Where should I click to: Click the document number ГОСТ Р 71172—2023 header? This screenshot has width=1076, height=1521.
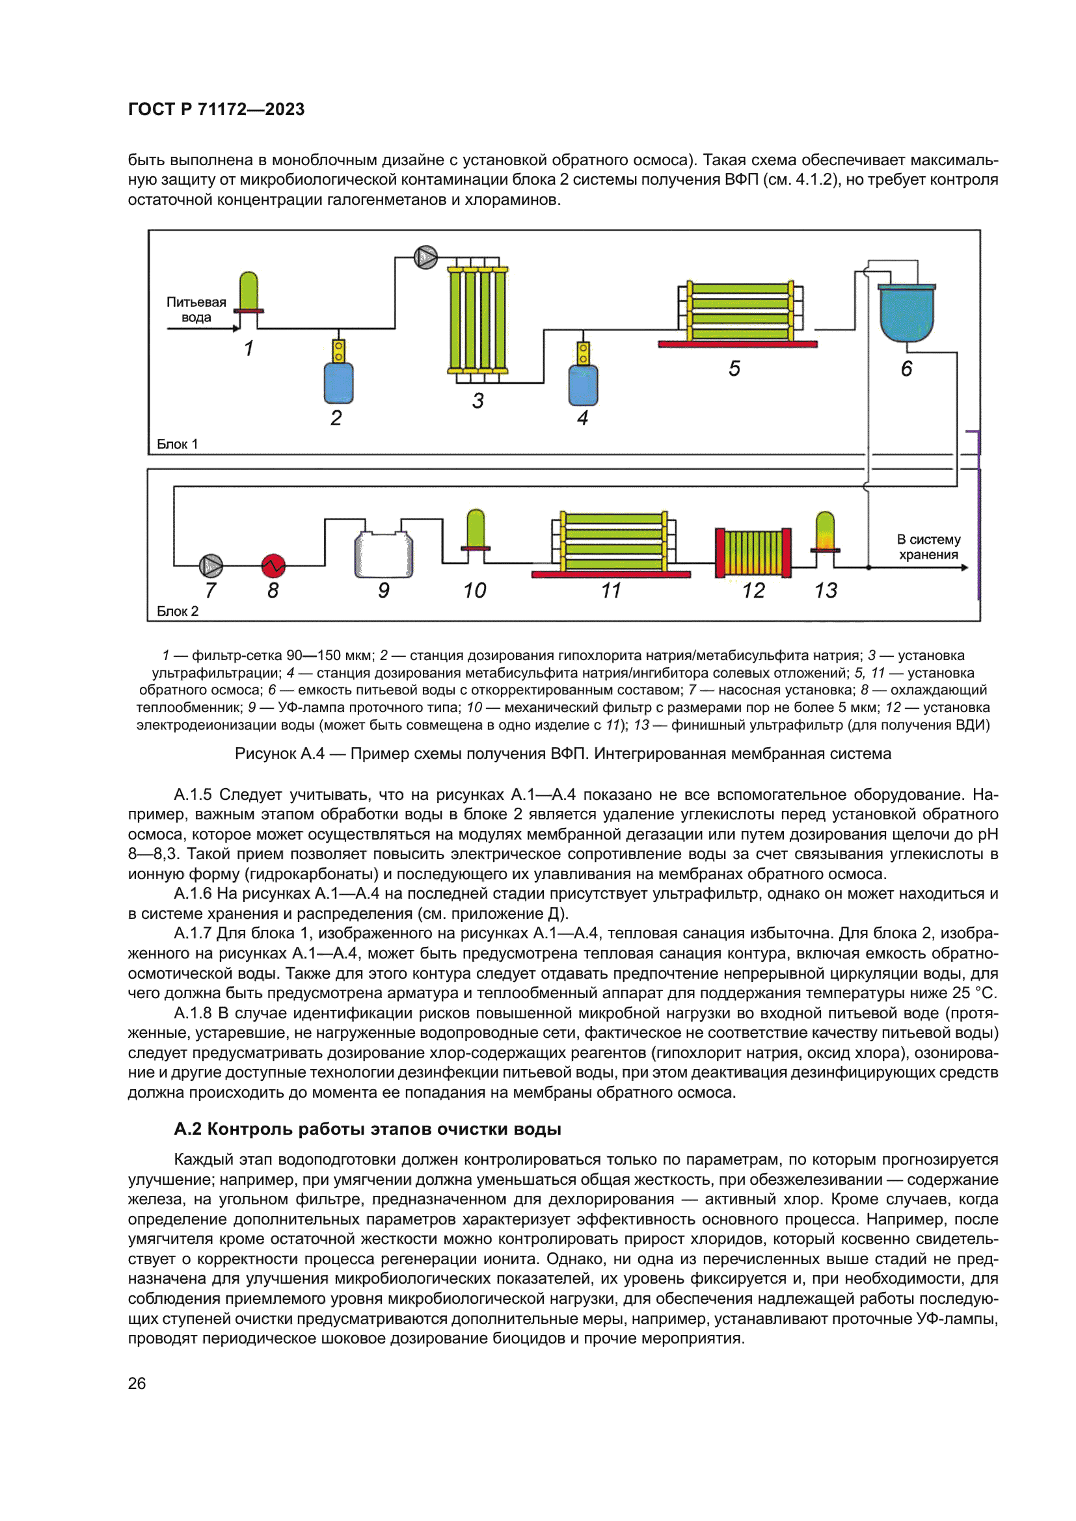[x=216, y=109]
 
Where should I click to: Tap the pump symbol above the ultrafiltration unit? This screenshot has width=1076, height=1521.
[x=425, y=257]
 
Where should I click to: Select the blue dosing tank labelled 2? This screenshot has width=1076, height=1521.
[x=338, y=383]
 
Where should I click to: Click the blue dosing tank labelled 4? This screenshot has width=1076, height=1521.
[x=583, y=385]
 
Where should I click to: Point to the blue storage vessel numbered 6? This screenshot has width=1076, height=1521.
[x=906, y=313]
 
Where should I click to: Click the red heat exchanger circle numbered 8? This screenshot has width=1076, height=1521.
[x=273, y=566]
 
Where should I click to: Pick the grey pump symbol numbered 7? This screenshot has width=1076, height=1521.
[x=211, y=566]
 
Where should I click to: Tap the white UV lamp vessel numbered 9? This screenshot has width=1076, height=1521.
[x=384, y=554]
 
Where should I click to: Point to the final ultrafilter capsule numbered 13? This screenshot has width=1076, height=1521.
[x=825, y=533]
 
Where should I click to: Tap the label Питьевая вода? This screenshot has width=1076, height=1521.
[x=196, y=310]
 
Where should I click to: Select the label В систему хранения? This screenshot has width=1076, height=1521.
[x=928, y=547]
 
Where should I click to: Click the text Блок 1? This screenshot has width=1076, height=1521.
[x=177, y=444]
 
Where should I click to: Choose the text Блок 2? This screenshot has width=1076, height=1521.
[x=178, y=611]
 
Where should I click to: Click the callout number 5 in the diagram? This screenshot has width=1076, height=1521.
[x=734, y=369]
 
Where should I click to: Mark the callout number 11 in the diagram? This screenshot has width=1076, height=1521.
[x=611, y=590]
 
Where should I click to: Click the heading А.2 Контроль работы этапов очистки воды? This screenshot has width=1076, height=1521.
[x=367, y=1129]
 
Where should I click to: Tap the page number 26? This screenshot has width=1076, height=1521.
[x=137, y=1383]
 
